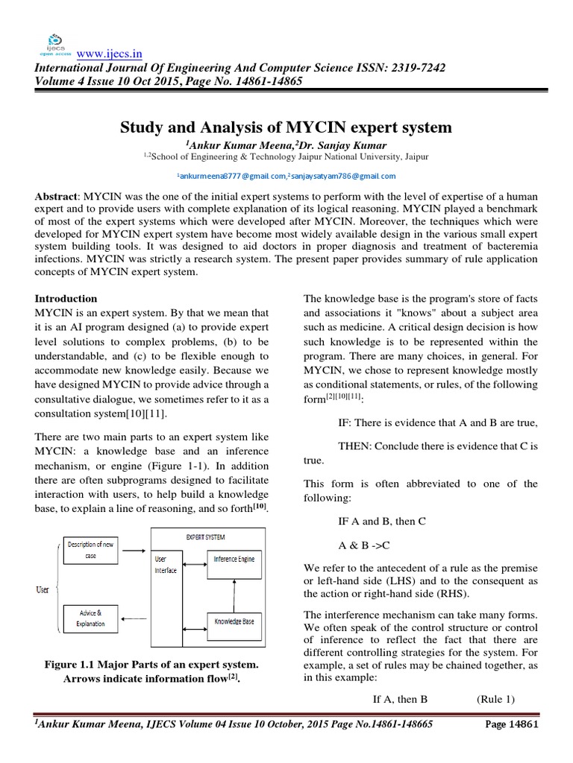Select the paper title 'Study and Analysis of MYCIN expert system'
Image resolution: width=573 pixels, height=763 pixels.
[286, 127]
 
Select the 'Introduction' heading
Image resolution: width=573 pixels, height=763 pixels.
[66, 298]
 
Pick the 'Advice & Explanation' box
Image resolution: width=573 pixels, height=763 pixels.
[90, 618]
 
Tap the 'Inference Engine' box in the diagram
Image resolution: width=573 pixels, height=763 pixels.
[234, 558]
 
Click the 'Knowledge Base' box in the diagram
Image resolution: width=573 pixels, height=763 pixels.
[234, 620]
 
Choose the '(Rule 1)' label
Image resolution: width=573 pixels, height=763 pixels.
[495, 699]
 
